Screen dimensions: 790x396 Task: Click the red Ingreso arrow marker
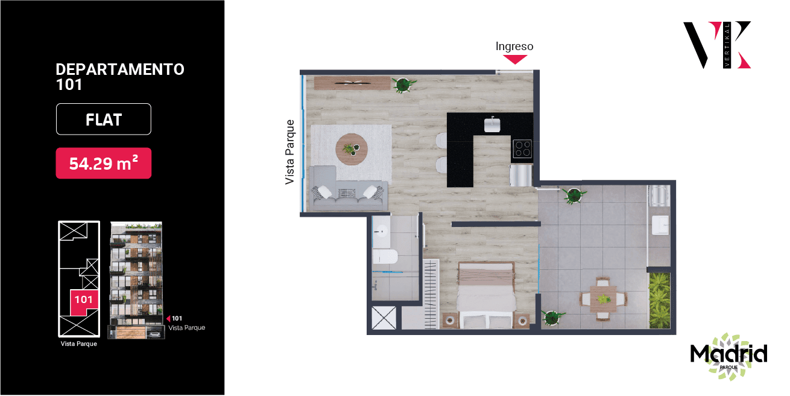coord(515,59)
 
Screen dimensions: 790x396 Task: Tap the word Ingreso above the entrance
coord(514,46)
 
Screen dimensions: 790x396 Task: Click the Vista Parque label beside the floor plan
coord(289,152)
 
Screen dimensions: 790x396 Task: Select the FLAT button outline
coord(104,119)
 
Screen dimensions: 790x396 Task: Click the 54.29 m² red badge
coord(104,163)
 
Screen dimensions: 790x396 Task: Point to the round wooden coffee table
coord(352,149)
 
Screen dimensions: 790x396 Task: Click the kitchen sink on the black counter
coord(492,124)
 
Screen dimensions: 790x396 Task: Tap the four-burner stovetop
coord(522,148)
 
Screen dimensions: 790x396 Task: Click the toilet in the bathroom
coord(385,256)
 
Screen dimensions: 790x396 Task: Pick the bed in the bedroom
coord(486,295)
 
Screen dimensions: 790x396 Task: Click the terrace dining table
coord(604,299)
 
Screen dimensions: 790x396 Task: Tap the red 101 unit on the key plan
coord(84,302)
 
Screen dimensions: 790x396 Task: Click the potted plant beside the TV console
coord(403,85)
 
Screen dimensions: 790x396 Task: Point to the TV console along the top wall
coord(352,83)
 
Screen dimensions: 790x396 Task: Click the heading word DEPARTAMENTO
coord(120,69)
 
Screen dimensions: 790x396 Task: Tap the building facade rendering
coord(136,280)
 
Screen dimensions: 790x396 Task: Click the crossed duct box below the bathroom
coord(384,318)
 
